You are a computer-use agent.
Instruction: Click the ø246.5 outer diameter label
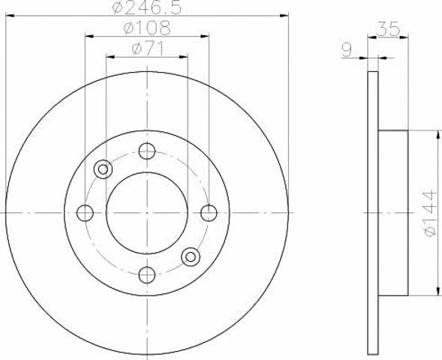click(146, 7)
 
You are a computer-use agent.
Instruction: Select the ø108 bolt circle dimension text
click(147, 28)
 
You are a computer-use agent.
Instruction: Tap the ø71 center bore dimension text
click(147, 49)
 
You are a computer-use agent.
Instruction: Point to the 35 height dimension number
click(389, 28)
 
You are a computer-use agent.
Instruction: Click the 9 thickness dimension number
click(347, 49)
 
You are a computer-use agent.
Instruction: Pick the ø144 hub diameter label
click(430, 213)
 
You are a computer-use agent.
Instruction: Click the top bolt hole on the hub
click(147, 151)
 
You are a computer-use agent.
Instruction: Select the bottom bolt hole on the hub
click(147, 274)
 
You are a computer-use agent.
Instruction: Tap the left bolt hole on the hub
click(85, 213)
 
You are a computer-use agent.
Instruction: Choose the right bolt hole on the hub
click(209, 213)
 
